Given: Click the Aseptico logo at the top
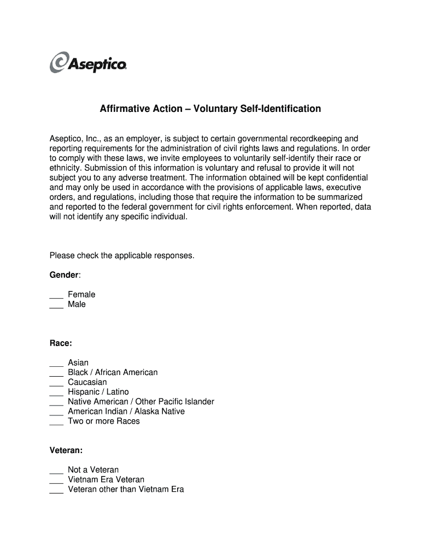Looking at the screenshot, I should coord(89,62).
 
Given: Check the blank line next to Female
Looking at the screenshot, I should coord(56,295).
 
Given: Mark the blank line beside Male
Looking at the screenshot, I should coord(56,305).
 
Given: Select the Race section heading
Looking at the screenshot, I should coord(61,343).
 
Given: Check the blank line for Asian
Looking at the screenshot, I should coord(56,364).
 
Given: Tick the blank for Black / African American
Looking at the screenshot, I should coord(56,373).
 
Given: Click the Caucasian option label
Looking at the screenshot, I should coord(87,382).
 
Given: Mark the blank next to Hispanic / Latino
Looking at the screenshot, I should coord(56,393).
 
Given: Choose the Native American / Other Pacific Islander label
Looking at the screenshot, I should coord(141,402).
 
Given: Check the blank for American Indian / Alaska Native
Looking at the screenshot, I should coord(56,413).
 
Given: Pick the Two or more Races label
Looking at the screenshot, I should coord(104,421).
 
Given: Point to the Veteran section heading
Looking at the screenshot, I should coord(66,450).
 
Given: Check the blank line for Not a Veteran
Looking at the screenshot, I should coord(56,471).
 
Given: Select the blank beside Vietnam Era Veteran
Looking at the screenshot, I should coord(56,480).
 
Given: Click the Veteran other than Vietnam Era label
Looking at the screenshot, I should coord(126,489).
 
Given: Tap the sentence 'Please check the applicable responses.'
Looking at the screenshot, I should coord(122,255).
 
